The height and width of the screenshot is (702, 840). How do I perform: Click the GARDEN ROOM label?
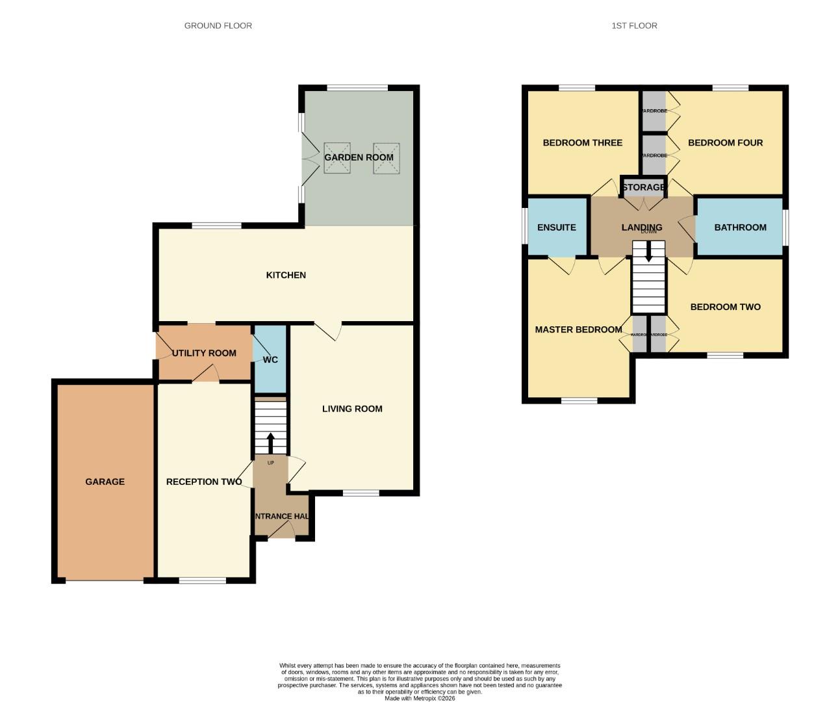[359, 157]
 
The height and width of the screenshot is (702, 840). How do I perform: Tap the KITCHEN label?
[286, 275]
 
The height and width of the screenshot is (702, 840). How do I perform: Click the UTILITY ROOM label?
[204, 353]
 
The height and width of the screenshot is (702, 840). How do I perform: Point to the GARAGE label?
[105, 482]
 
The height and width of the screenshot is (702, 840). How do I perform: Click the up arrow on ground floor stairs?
[270, 443]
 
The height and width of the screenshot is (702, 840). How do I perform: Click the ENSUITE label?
[557, 227]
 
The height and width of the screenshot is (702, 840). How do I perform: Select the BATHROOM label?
[740, 227]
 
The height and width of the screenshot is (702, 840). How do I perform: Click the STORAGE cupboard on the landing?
[643, 187]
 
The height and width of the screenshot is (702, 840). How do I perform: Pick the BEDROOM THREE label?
[582, 143]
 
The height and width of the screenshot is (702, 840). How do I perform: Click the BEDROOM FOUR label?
[725, 143]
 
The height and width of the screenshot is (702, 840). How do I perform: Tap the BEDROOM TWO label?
[725, 307]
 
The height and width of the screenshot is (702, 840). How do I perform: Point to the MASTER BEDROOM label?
[578, 330]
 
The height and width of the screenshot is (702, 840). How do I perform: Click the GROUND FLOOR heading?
[218, 25]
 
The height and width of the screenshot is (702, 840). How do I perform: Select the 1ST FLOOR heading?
[634, 25]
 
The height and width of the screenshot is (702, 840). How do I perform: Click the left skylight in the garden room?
[337, 158]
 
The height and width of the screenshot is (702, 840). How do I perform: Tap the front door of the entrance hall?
[281, 532]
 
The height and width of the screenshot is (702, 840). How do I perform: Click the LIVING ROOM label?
[352, 409]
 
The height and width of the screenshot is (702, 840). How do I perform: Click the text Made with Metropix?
[420, 698]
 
